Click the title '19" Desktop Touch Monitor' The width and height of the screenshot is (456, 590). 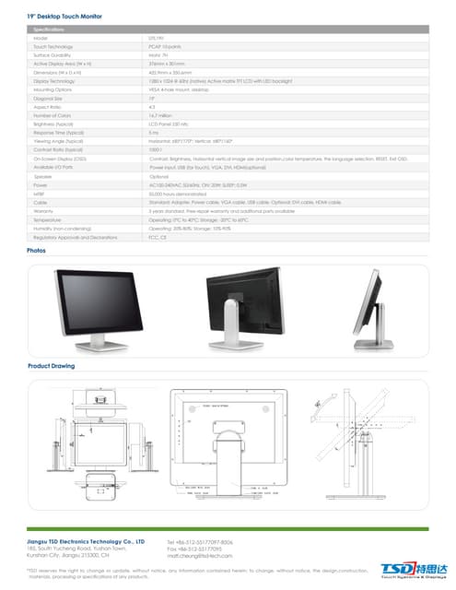coord(65,17)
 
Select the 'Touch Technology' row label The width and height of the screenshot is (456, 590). coord(53,45)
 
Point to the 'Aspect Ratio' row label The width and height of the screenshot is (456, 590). coord(47,107)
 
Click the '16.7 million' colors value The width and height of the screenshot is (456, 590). coord(163,114)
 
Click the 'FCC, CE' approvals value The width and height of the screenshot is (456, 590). coord(158,238)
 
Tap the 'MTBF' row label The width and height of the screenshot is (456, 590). coord(39,194)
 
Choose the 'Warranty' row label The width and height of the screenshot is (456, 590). coord(43,210)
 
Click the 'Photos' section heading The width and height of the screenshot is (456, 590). coord(37,250)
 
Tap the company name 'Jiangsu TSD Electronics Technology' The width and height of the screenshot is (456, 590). coord(86,542)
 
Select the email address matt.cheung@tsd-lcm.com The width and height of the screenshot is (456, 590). coord(206,557)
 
